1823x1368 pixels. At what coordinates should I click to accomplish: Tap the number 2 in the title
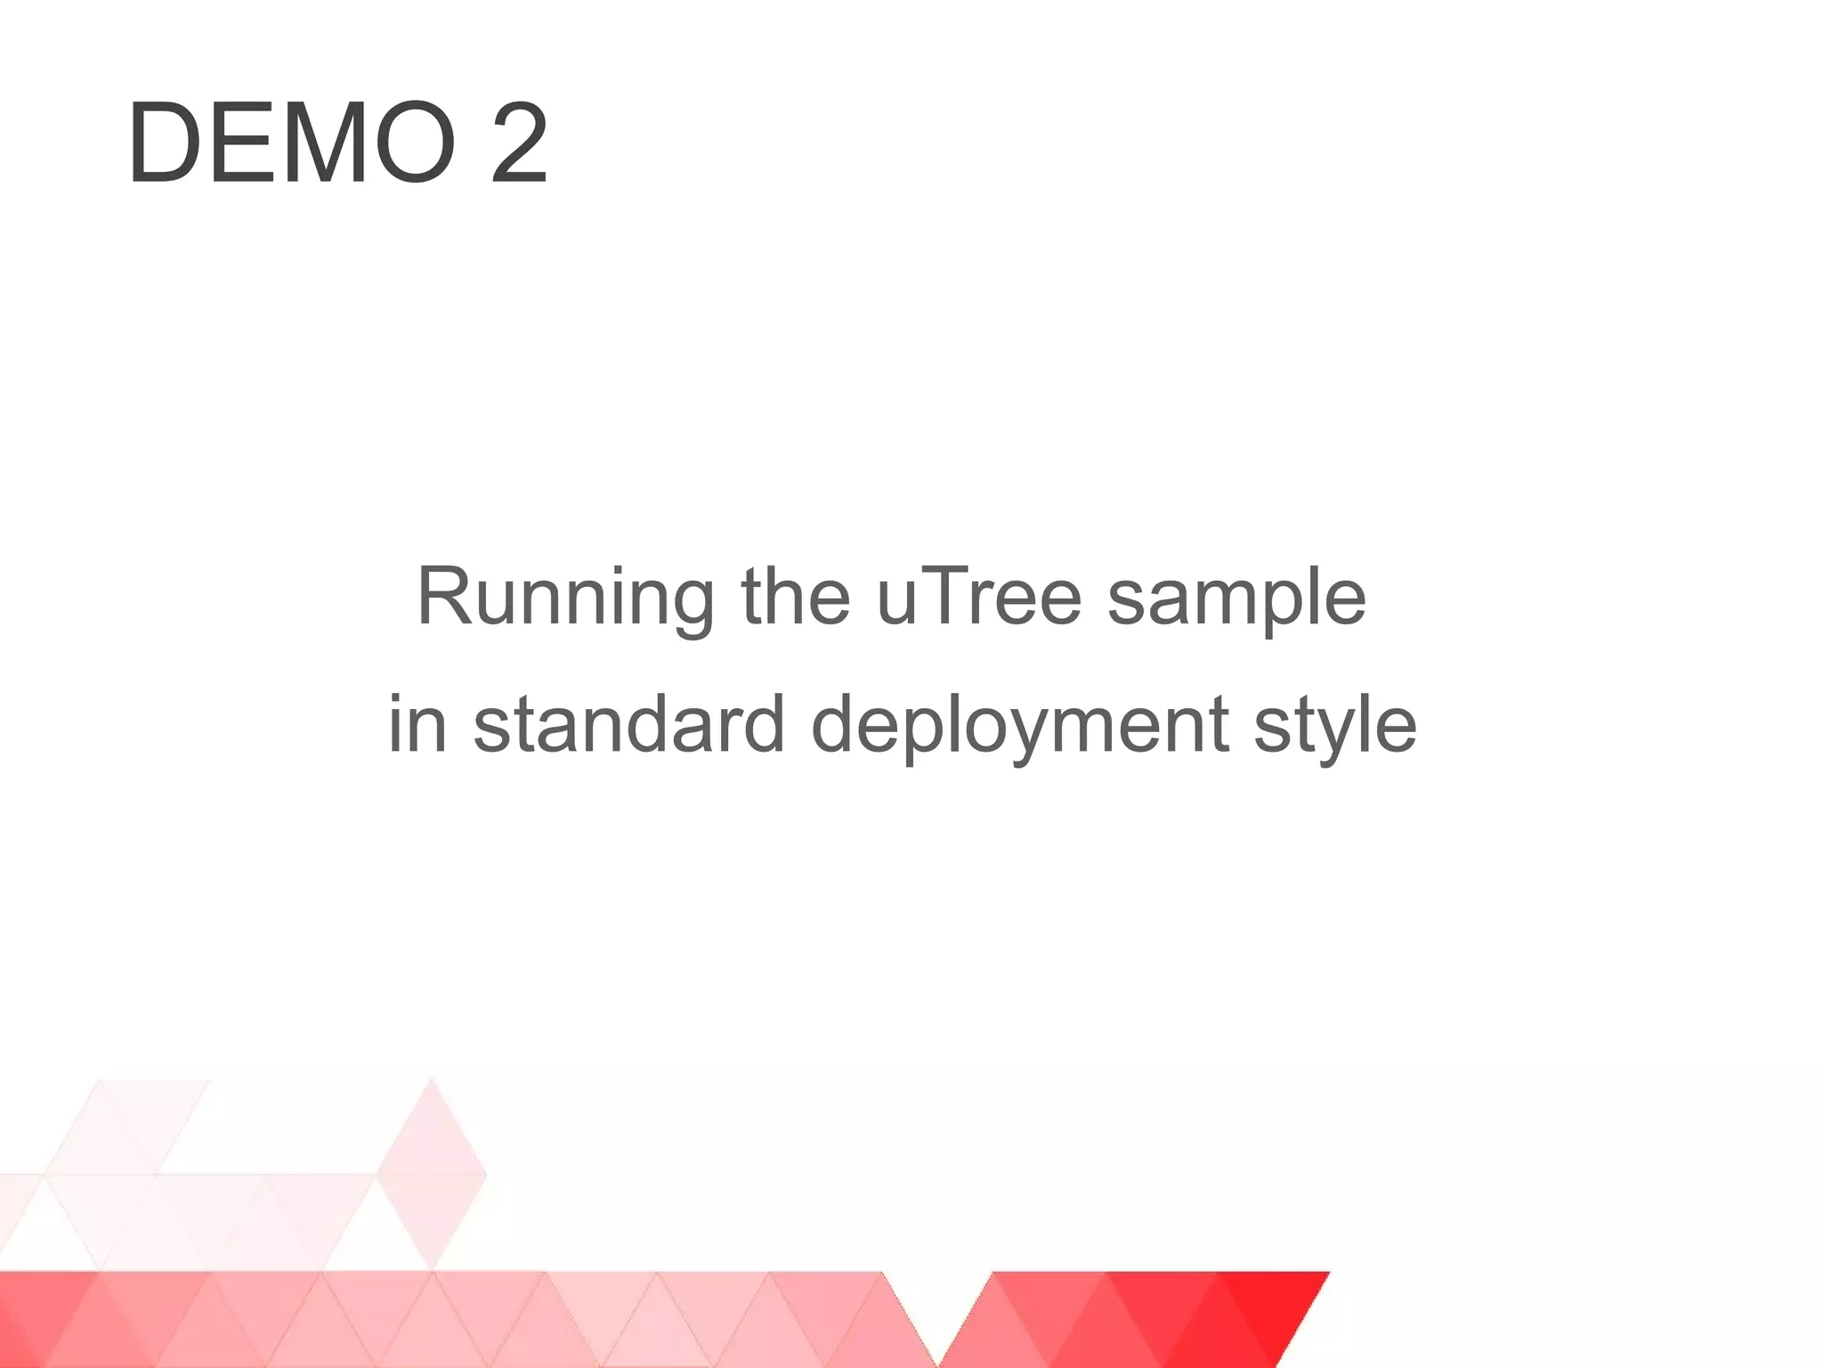[x=519, y=143]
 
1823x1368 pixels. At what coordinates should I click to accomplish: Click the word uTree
[x=978, y=597]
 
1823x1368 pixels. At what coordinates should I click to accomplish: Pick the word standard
[x=628, y=724]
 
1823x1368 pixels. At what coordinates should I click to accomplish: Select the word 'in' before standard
[x=417, y=724]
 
